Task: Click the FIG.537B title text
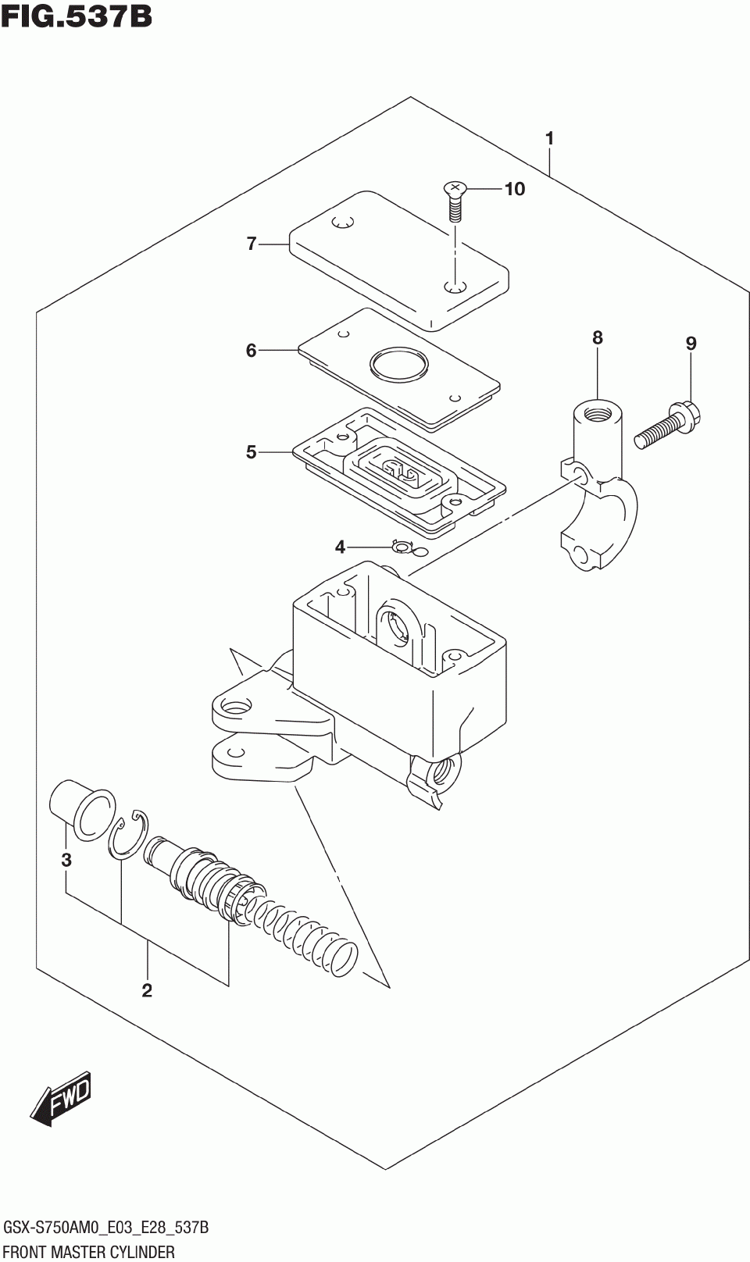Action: click(77, 17)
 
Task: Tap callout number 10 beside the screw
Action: click(515, 189)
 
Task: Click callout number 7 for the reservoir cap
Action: click(252, 244)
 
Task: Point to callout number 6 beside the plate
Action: click(252, 351)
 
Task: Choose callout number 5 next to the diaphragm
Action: click(252, 452)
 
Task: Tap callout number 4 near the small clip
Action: click(340, 547)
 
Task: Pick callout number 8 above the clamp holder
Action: click(598, 338)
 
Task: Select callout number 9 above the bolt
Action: click(691, 344)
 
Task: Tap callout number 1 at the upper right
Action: click(550, 138)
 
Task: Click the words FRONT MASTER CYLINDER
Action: click(89, 1253)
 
